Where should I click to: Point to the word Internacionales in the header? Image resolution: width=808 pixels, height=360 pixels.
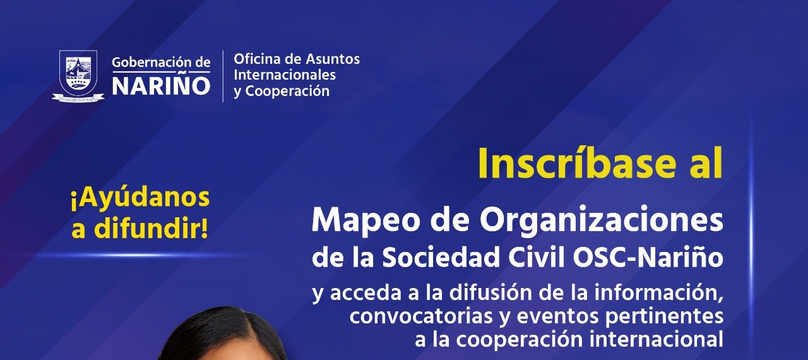point(285,75)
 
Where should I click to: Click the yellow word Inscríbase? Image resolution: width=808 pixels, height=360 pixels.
point(577,164)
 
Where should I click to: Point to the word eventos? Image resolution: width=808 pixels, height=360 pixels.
point(557,316)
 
